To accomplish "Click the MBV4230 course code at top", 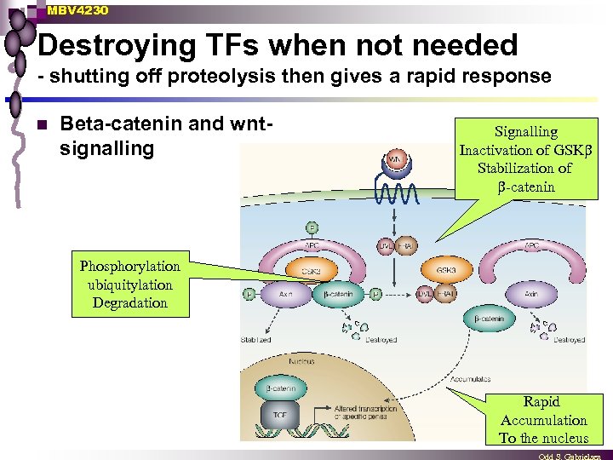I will [x=78, y=10].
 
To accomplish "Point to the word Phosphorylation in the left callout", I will [x=130, y=266].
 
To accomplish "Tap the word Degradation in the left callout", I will [x=130, y=303].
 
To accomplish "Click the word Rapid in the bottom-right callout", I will [x=541, y=401].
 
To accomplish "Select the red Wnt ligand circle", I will [x=396, y=159].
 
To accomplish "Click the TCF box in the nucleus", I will [x=279, y=415].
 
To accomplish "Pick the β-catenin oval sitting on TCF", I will [x=278, y=388].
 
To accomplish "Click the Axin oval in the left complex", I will [x=284, y=294].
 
